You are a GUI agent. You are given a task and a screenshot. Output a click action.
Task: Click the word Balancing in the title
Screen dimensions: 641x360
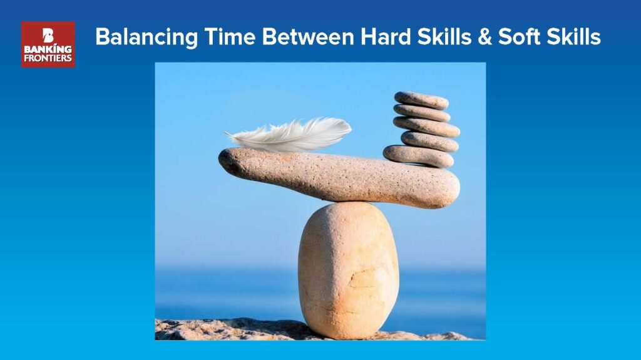tap(146, 37)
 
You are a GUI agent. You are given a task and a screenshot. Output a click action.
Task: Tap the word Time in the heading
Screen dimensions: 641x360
tap(230, 36)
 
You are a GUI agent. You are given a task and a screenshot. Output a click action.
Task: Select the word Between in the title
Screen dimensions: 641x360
tap(308, 36)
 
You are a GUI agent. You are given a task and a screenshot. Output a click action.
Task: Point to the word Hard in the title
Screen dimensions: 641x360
tap(386, 36)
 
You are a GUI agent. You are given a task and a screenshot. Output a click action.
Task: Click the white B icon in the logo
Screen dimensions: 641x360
tap(48, 35)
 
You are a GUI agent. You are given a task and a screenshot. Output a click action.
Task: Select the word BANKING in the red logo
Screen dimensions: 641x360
tap(48, 49)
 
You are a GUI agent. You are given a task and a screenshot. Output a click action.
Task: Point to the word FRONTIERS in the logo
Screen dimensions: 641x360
tap(48, 58)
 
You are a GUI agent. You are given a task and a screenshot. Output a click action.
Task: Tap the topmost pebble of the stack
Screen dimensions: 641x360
tap(421, 100)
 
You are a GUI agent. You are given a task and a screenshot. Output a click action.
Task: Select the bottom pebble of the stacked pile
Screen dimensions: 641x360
tap(418, 157)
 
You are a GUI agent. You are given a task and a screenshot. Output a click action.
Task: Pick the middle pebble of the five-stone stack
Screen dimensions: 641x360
tap(426, 126)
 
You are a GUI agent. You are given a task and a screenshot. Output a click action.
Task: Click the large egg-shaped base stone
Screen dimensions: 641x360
tap(348, 270)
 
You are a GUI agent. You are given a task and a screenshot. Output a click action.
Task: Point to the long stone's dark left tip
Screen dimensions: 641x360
tap(225, 159)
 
